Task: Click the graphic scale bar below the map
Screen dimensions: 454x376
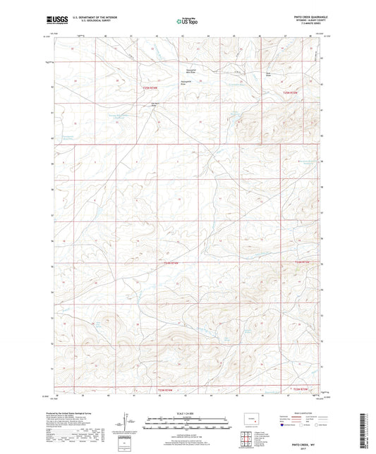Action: click(x=188, y=425)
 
